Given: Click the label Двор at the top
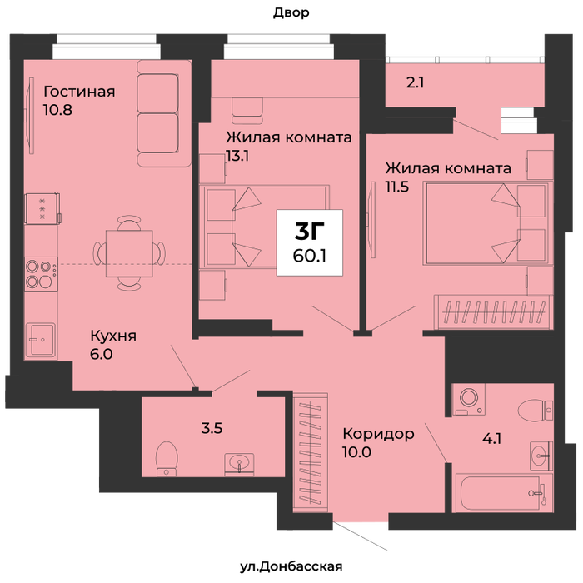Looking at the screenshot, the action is click(x=291, y=13).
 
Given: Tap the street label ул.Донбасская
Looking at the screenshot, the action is click(x=291, y=566).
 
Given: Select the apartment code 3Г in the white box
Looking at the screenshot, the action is click(x=309, y=231).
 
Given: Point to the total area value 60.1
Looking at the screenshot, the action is click(x=309, y=256).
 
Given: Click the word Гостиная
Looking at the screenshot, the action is click(x=79, y=92).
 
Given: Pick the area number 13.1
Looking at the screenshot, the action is click(x=237, y=156).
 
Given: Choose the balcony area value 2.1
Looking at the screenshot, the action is click(x=415, y=82).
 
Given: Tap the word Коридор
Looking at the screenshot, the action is click(x=378, y=434).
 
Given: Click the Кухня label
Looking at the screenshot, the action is click(x=113, y=336).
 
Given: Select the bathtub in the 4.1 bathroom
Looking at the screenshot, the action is click(x=501, y=493).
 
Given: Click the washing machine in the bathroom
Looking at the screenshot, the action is click(x=469, y=399).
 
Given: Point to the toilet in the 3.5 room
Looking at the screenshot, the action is click(x=167, y=458).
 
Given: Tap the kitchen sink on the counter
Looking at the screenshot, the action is click(x=41, y=340).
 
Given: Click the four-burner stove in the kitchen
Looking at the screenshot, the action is click(x=41, y=274).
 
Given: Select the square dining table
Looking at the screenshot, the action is click(x=129, y=253).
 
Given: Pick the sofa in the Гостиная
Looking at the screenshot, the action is click(x=163, y=113).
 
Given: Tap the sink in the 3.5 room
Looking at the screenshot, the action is click(x=239, y=464).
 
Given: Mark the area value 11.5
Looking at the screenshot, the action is click(x=397, y=187).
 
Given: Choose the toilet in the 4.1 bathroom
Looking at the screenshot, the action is click(x=536, y=410).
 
